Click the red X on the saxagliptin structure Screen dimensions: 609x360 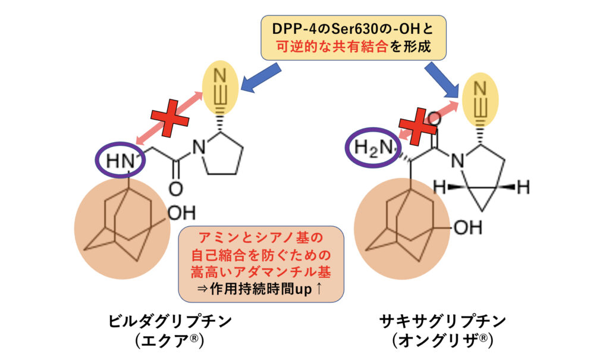tap(418, 126)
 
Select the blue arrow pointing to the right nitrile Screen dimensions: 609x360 tap(442, 80)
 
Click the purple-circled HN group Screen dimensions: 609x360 tap(120, 160)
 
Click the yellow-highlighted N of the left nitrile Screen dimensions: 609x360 tap(220, 75)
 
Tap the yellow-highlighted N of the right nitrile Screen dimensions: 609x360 tap(481, 89)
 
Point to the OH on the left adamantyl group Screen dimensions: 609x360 tap(181, 213)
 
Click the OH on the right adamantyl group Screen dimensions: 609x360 tap(468, 227)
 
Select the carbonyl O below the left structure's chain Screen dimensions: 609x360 tap(175, 189)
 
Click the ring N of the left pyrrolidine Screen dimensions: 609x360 tap(199, 148)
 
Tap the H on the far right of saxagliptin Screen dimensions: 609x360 tap(523, 187)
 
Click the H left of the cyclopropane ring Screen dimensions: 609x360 tap(440, 187)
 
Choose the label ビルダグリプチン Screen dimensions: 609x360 tap(170, 321)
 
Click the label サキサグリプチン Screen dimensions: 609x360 tap(442, 321)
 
